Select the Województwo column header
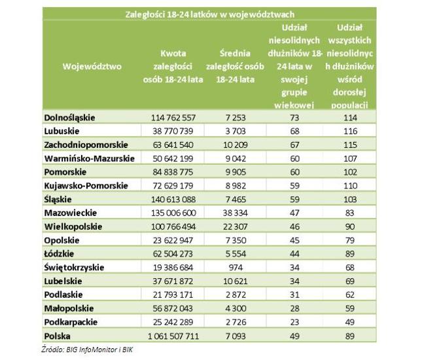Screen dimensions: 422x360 click(92, 66)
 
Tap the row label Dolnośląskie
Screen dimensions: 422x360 click(69, 118)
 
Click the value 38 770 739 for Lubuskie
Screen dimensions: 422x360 click(173, 131)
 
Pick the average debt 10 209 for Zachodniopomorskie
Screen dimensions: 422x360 click(236, 145)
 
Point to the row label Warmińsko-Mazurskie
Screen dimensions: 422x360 click(90, 158)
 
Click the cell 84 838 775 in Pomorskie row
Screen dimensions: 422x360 click(173, 172)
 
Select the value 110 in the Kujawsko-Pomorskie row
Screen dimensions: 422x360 click(350, 186)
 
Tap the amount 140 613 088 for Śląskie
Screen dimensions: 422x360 click(173, 200)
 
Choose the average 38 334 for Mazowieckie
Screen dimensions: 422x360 click(236, 213)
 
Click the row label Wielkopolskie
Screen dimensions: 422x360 click(73, 226)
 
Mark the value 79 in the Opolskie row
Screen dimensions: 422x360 click(350, 240)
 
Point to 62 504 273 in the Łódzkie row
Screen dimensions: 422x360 click(173, 254)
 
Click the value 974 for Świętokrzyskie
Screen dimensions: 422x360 click(236, 267)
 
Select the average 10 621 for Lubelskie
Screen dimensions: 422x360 click(236, 281)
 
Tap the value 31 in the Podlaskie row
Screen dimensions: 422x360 click(294, 295)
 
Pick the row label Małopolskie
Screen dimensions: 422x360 click(69, 308)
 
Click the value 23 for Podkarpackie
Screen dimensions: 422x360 click(294, 322)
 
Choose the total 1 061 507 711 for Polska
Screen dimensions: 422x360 click(173, 336)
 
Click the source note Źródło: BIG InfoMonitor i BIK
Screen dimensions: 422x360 click(87, 350)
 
